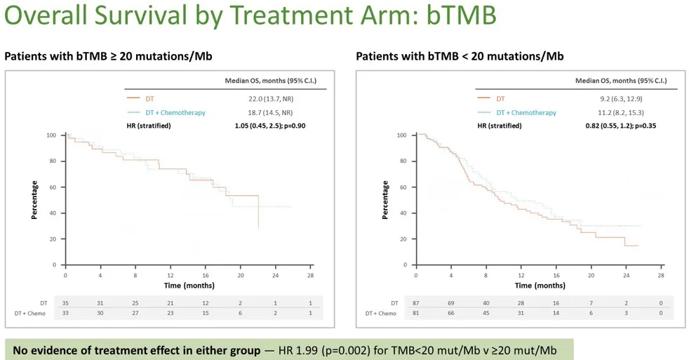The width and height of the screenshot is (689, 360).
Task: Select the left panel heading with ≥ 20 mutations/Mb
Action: click(108, 56)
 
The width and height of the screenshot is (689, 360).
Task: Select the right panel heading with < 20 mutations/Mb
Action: click(460, 56)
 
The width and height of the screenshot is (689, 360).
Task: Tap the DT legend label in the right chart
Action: click(500, 98)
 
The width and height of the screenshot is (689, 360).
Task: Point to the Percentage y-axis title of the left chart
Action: click(34, 200)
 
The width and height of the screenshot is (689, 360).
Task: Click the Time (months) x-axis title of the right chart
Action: click(540, 286)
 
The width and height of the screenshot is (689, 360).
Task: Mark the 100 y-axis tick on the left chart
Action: click(51, 135)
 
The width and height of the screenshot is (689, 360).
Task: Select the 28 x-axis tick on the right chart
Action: click(661, 275)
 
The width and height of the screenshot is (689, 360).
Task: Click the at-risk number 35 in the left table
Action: click(66, 302)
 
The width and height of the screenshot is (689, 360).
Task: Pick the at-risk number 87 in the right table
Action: click(416, 302)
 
